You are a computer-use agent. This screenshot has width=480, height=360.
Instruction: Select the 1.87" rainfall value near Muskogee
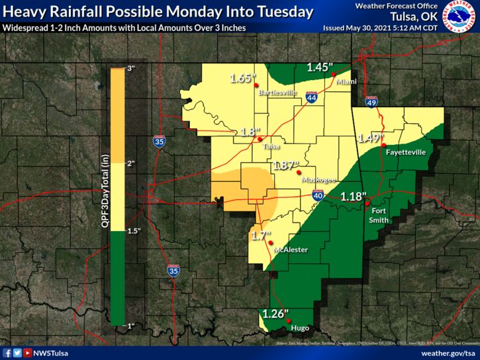click(286, 164)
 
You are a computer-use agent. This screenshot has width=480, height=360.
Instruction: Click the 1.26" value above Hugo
click(274, 314)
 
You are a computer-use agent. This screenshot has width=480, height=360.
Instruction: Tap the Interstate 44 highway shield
click(312, 98)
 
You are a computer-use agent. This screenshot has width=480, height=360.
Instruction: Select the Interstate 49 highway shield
click(371, 103)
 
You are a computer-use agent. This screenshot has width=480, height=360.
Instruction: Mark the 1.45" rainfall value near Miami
click(319, 67)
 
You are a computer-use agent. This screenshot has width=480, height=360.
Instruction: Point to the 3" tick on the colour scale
click(130, 69)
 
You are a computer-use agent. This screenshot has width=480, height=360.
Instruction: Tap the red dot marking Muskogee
click(298, 173)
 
